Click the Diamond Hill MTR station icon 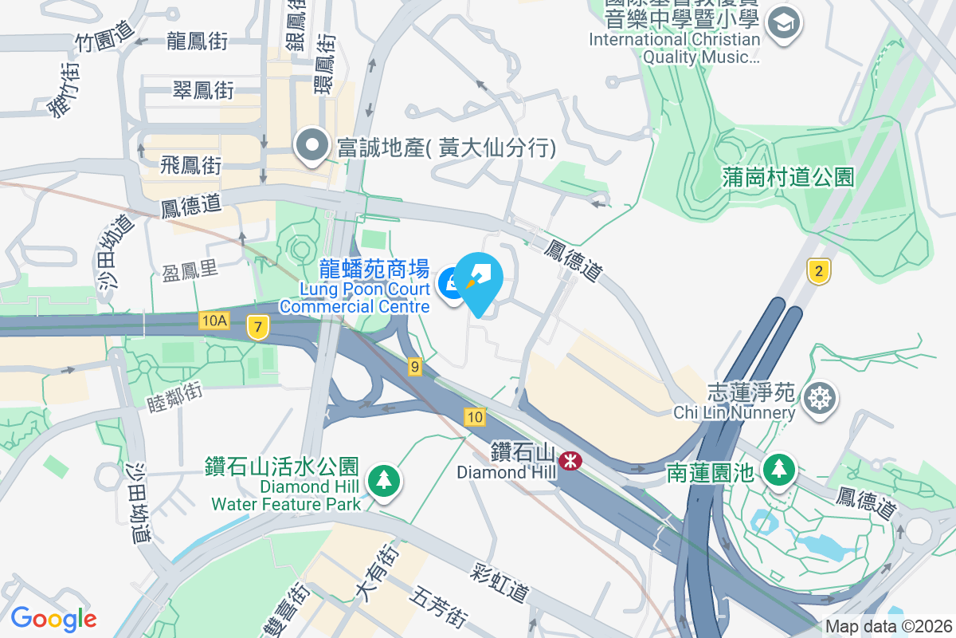[x=570, y=460]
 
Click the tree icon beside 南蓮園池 [x=778, y=470]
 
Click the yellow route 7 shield [x=257, y=326]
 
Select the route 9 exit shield [x=414, y=367]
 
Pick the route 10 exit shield [x=475, y=416]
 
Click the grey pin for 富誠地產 [x=312, y=147]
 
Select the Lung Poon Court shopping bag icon [x=451, y=284]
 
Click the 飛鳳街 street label [x=190, y=166]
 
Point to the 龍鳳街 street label [x=198, y=41]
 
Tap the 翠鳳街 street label [x=203, y=90]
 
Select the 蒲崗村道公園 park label [x=789, y=176]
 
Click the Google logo [x=53, y=618]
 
